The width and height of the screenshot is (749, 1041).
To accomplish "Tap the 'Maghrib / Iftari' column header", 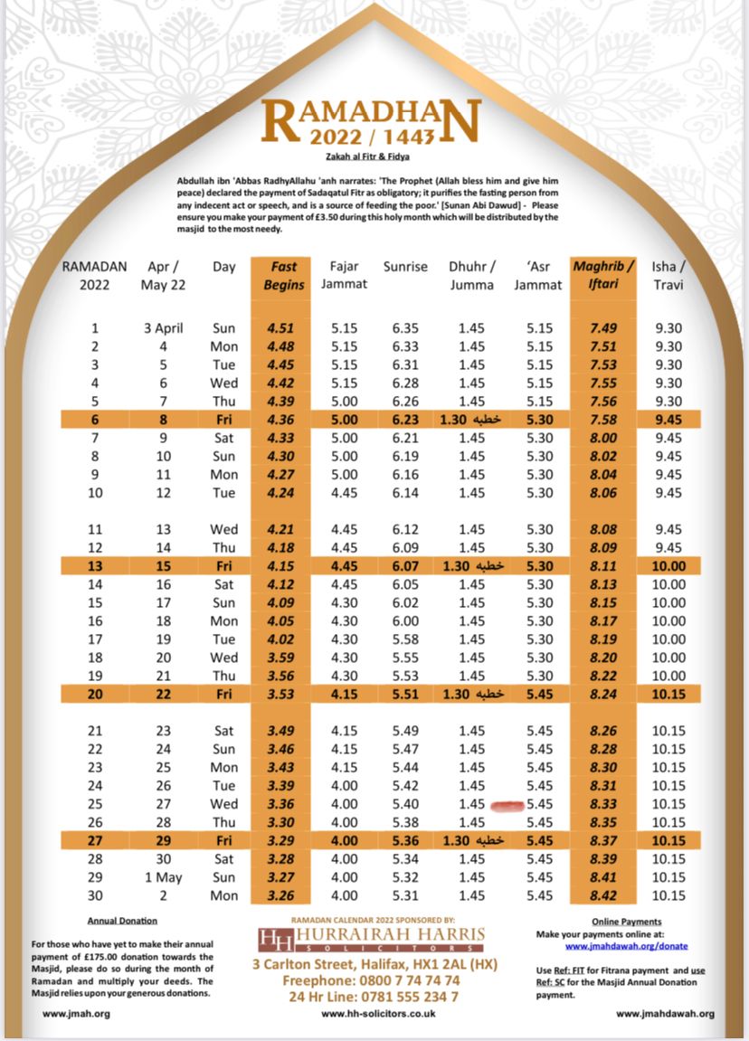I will [x=603, y=275].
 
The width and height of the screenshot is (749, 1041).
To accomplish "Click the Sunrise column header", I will [x=405, y=267].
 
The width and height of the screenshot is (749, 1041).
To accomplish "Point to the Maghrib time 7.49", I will [x=603, y=328].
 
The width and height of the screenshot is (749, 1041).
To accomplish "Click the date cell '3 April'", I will [x=163, y=328].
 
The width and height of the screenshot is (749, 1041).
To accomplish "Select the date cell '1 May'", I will [x=163, y=877].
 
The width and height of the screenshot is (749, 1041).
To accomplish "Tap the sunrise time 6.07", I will [x=404, y=566].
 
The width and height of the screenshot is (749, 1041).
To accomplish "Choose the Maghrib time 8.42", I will [x=603, y=895].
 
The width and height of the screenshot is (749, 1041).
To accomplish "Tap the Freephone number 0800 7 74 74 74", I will [x=371, y=980].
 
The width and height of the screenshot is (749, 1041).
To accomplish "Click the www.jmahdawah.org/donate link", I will [x=626, y=946].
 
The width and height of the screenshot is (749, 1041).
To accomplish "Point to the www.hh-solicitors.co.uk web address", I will [x=378, y=1014].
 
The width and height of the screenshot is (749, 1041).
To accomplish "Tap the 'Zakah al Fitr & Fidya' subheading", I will [x=374, y=157].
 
